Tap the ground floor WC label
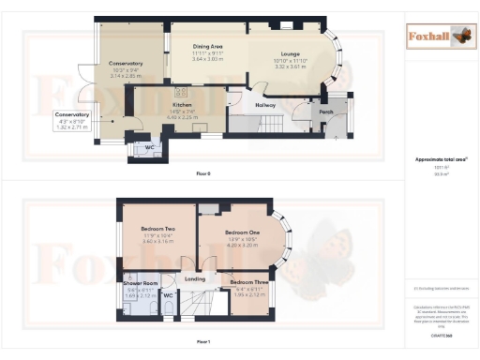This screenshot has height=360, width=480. pyautogui.click(x=149, y=146)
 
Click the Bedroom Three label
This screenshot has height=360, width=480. pyautogui.click(x=249, y=282)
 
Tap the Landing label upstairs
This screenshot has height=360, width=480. pyautogui.click(x=194, y=278)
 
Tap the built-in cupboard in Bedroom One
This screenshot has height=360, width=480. pyautogui.click(x=208, y=207)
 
